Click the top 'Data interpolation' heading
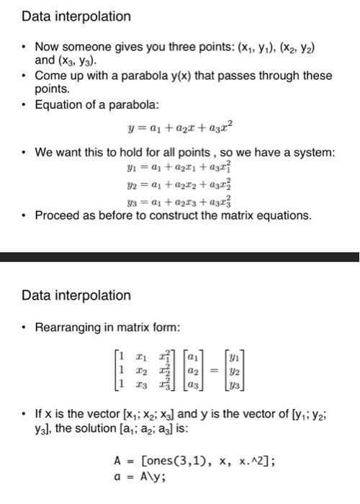click(x=77, y=17)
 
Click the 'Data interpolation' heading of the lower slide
click(x=77, y=296)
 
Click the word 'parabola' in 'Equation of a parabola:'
click(x=129, y=107)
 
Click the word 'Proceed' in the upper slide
click(x=58, y=215)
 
